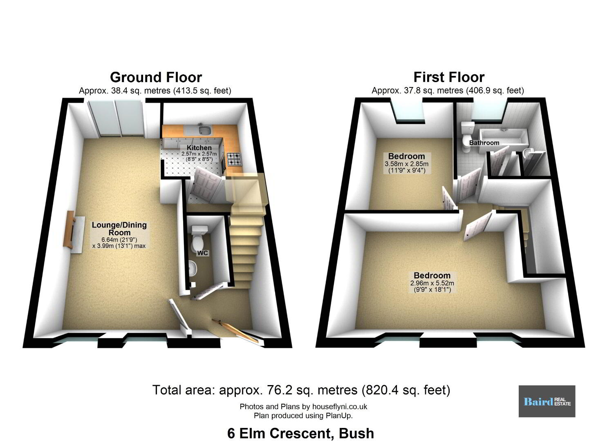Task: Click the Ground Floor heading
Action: [156, 78]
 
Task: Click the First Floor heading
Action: [449, 78]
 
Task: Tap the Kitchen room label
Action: [199, 148]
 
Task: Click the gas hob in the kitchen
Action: [234, 159]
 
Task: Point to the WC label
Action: [202, 253]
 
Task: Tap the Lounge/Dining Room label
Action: [119, 229]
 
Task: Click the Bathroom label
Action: [484, 143]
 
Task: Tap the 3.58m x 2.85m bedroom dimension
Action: [406, 164]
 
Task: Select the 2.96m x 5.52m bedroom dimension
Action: [432, 283]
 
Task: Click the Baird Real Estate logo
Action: [547, 401]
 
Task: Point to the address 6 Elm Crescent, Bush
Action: [301, 433]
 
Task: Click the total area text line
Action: [301, 390]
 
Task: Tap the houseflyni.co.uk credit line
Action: [303, 406]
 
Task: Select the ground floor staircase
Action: [245, 244]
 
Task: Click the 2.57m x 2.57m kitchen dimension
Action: [199, 154]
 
